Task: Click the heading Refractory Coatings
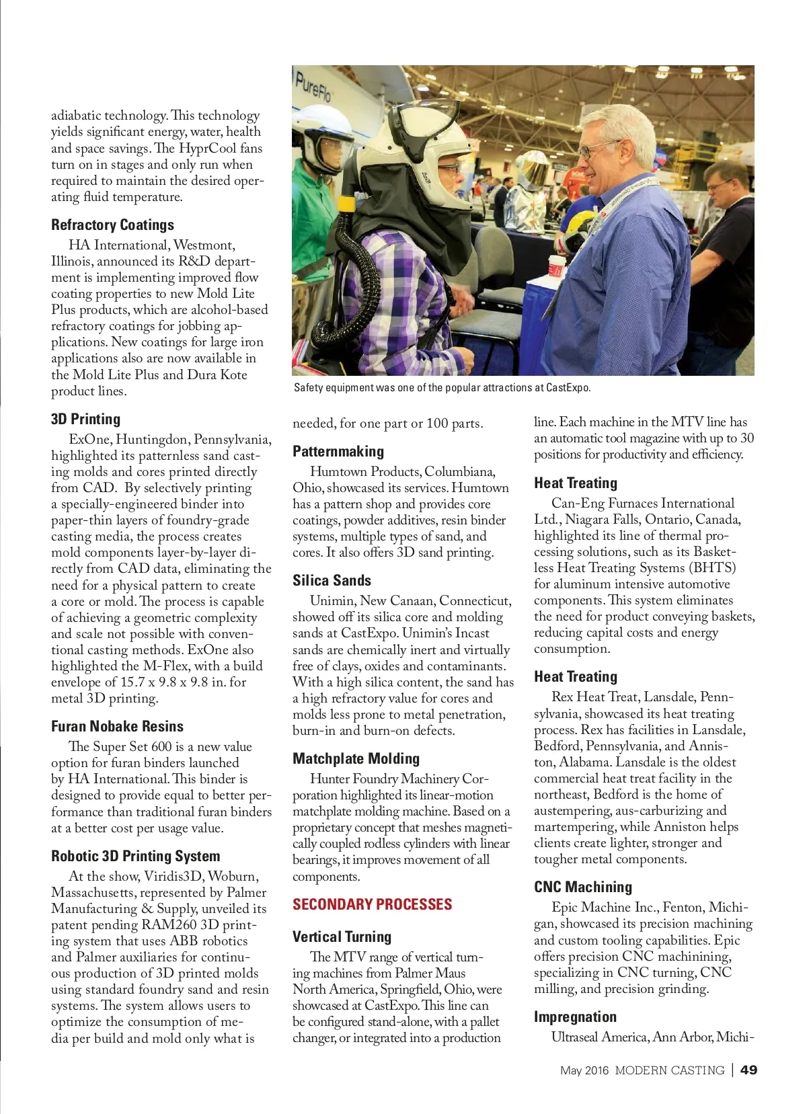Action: [x=112, y=225]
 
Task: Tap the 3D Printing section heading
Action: [x=85, y=420]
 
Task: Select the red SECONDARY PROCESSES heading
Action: [x=372, y=905]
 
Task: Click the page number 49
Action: [x=748, y=1070]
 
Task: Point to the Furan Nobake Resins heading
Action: [x=117, y=727]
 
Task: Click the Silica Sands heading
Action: [x=332, y=581]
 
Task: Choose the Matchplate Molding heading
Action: [x=356, y=759]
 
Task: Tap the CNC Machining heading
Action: [x=583, y=887]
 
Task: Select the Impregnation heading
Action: [x=575, y=1017]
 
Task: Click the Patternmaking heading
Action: [x=338, y=452]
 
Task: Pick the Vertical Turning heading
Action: [x=342, y=937]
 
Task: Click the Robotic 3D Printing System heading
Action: [x=135, y=857]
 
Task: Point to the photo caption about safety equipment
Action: [x=442, y=388]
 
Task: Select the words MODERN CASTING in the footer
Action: [x=670, y=1070]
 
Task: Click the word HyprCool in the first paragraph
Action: [x=208, y=149]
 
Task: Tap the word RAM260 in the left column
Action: [x=169, y=925]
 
